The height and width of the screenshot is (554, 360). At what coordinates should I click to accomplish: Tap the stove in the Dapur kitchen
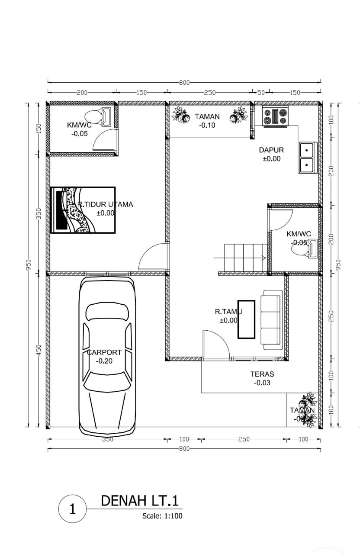point(275,116)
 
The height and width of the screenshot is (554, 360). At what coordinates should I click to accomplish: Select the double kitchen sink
point(307,157)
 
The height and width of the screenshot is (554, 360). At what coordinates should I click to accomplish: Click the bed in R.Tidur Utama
point(83,210)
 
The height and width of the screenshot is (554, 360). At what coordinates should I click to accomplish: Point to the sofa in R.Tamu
point(272,320)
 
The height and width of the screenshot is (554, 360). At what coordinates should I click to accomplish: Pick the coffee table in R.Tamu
point(246,319)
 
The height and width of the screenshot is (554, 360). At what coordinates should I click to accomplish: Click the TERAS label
point(262,374)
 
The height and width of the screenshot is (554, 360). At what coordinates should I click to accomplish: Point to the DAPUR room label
point(271,150)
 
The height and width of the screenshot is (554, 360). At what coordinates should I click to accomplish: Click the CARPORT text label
point(104,352)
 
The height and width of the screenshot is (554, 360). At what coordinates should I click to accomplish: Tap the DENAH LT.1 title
point(139,501)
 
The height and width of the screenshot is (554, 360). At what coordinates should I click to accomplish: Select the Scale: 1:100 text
point(162,516)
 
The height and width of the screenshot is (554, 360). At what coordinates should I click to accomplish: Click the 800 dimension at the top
point(184,82)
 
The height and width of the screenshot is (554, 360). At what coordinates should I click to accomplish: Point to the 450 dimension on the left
point(38,350)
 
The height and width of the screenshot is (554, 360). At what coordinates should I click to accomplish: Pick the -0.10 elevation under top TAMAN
point(207,125)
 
